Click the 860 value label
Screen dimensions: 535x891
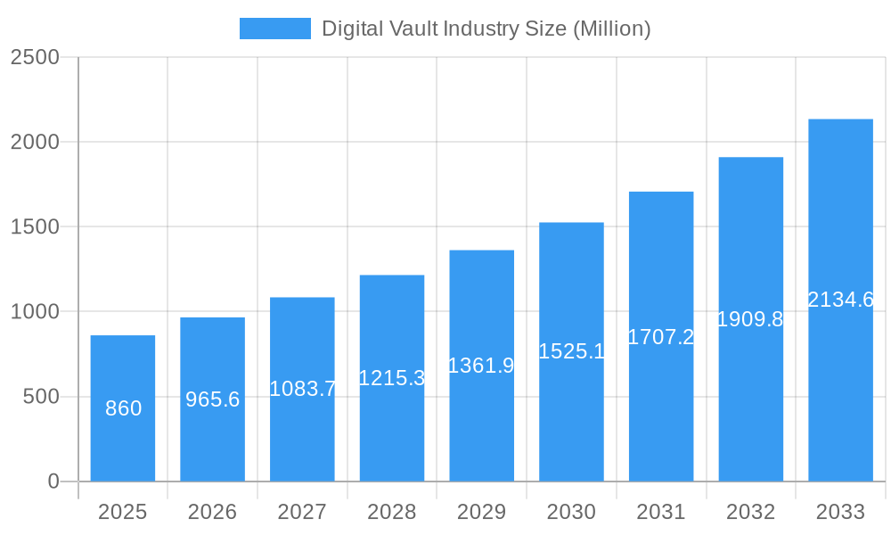pos(123,408)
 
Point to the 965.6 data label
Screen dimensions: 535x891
pos(212,399)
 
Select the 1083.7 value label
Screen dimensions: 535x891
pos(302,389)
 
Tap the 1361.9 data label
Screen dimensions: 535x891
pos(481,366)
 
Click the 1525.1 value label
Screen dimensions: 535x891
pos(571,351)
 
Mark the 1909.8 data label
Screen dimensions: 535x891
pos(750,319)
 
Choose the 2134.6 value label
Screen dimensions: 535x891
pos(840,300)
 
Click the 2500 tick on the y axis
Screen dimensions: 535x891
pos(34,57)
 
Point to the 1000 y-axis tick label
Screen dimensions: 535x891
pos(34,312)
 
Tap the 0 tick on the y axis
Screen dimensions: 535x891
pos(53,481)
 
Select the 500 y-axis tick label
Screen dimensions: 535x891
pos(41,397)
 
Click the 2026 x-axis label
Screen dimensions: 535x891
pos(212,512)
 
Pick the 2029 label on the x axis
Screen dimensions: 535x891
pos(481,512)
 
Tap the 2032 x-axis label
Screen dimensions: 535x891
pos(750,512)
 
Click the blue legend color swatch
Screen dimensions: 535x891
pos(274,29)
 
